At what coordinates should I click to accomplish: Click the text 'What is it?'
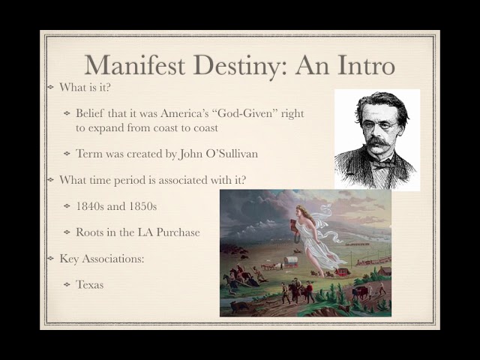click(x=86, y=88)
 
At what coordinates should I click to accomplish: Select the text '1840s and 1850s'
click(x=116, y=206)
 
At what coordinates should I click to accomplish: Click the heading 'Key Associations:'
click(x=102, y=259)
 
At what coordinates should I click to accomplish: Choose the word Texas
click(x=90, y=285)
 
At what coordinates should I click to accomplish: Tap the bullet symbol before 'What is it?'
click(x=49, y=88)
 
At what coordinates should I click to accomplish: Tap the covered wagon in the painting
click(x=290, y=262)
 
